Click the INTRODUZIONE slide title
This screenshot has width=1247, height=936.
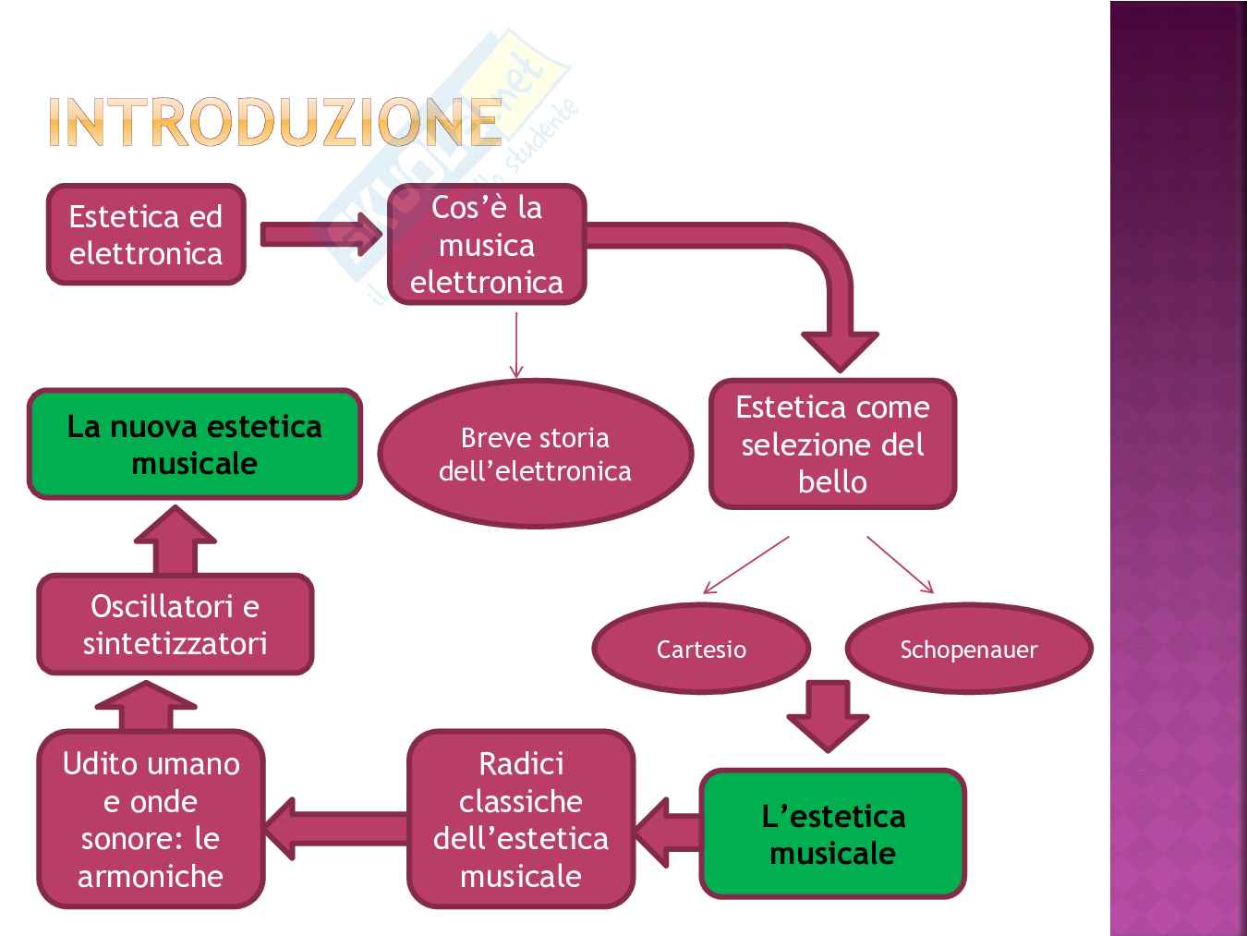274,122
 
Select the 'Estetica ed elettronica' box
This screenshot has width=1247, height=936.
146,235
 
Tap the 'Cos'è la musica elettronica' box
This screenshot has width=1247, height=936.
487,245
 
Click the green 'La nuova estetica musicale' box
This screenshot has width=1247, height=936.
194,444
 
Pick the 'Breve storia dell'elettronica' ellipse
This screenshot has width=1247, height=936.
535,454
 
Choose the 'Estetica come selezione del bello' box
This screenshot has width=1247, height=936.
832,444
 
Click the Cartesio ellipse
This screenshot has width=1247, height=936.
701,649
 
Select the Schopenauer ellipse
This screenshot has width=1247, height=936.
969,649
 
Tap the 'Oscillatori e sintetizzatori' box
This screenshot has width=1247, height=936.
175,625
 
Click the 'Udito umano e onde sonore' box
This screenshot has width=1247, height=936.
151,820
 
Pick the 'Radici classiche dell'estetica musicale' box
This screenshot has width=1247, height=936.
521,820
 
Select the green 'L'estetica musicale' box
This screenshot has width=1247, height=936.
832,834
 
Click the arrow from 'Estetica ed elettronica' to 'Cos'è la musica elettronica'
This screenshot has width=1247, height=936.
320,235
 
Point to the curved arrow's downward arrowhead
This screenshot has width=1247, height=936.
840,349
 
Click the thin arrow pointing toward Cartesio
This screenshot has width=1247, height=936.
746,565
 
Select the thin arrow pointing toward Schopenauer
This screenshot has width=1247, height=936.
900,565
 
